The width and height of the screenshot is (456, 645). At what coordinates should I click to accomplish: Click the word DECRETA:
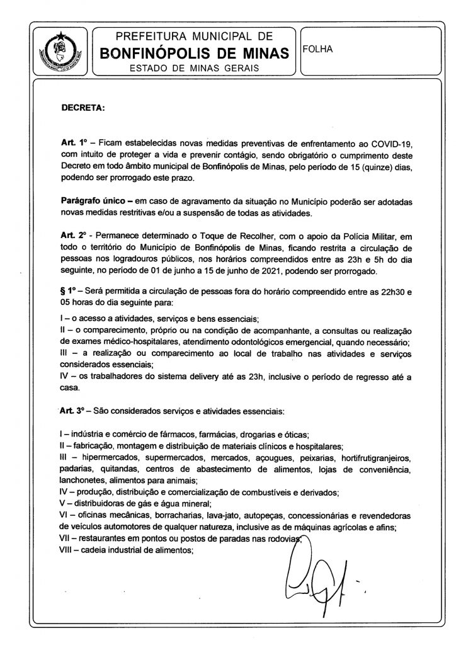[82, 107]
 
